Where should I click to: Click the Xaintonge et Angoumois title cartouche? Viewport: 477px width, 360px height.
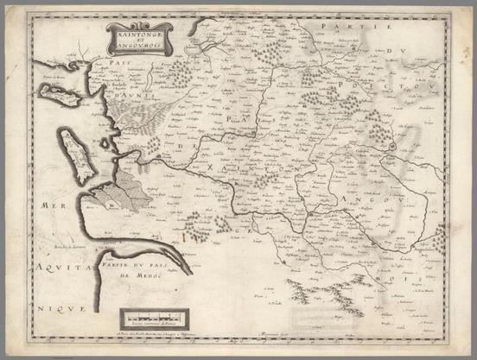point(139,37)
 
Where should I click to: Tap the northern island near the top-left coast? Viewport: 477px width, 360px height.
point(59,94)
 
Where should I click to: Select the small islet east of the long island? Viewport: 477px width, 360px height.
point(105,143)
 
